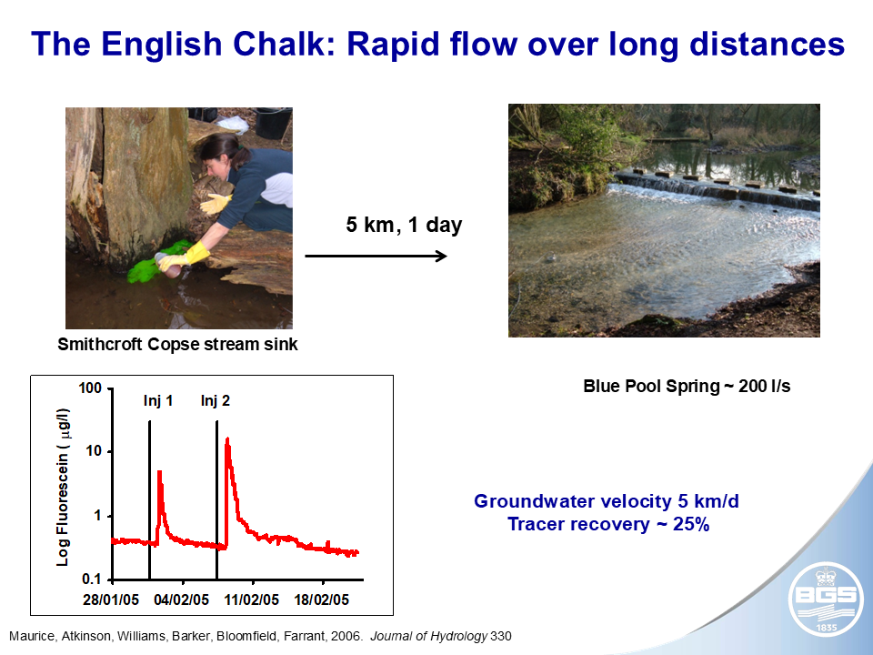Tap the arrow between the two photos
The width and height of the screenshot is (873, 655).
[x=376, y=257]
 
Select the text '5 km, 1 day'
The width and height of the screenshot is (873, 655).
[x=404, y=225]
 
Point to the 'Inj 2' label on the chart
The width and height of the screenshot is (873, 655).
[x=215, y=400]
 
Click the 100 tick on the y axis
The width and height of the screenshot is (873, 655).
[x=89, y=388]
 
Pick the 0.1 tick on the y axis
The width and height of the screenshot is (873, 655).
[x=91, y=579]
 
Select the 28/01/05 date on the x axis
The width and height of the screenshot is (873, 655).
[x=111, y=600]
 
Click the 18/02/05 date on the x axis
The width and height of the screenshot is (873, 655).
[x=324, y=600]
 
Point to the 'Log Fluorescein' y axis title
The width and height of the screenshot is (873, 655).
[x=63, y=487]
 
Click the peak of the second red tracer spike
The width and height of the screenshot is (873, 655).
[x=227, y=439]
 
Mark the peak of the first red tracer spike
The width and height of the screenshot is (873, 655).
[x=159, y=472]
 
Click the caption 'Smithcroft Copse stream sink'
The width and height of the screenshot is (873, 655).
[x=177, y=345]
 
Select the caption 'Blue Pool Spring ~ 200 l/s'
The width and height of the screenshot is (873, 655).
[x=687, y=386]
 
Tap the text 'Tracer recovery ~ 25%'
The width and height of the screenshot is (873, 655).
[x=608, y=524]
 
